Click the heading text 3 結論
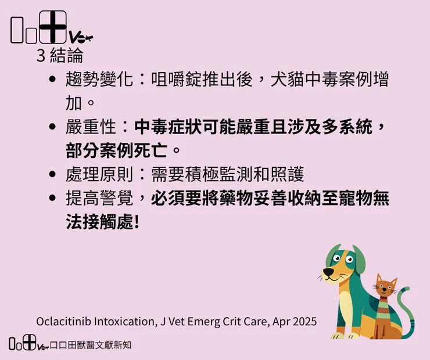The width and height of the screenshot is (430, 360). pyautogui.click(x=59, y=56)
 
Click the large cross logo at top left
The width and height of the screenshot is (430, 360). pyautogui.click(x=53, y=27)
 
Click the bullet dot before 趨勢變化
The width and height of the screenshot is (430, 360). pyautogui.click(x=53, y=80)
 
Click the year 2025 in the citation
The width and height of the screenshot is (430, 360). pyautogui.click(x=304, y=321)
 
